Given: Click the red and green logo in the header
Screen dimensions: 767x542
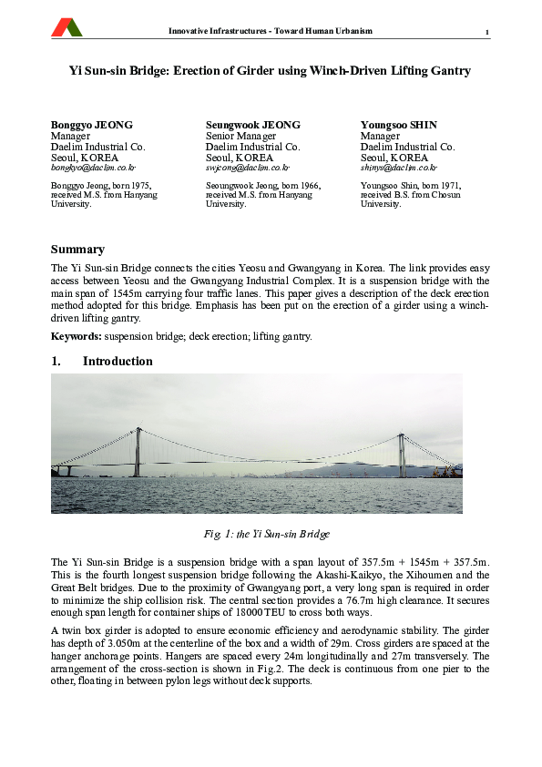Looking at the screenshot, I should pos(66,28).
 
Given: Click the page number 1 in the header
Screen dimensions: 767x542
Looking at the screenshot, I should pos(487,34).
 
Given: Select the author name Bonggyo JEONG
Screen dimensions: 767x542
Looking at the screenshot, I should pos(91,125).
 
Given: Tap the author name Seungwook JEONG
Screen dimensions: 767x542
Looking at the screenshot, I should pos(252,125).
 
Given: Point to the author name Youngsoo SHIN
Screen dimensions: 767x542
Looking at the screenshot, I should pos(399,125).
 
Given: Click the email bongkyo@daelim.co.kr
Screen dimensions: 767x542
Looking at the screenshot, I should pos(93,168).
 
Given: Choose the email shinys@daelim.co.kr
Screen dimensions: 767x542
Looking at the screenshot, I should pos(399,168).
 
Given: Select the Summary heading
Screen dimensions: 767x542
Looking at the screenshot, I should pos(77,250).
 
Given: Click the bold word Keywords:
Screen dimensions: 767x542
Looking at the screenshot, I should pos(77,336).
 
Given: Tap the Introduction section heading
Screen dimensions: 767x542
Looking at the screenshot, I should pos(118,362).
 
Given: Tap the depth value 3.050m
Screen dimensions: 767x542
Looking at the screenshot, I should pos(121,643).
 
